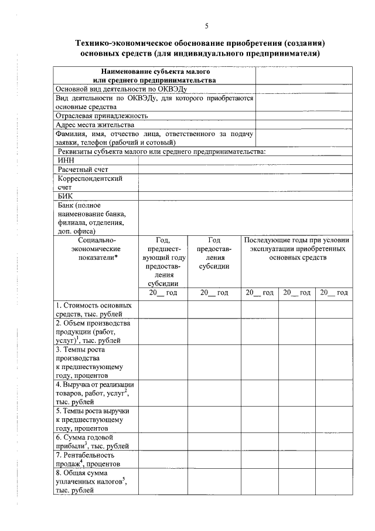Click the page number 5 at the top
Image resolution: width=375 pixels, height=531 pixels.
click(x=206, y=25)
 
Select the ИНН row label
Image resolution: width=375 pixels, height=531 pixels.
click(x=65, y=160)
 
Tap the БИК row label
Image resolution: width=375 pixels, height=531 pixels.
click(x=64, y=196)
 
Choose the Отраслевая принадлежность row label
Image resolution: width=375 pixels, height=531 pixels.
click(x=101, y=116)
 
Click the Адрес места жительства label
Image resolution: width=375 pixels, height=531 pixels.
click(x=95, y=124)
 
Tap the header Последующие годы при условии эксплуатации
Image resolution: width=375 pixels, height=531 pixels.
click(x=296, y=249)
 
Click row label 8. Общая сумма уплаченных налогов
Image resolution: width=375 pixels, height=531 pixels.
click(x=91, y=481)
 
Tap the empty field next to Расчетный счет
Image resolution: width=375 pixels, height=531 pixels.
click(x=245, y=169)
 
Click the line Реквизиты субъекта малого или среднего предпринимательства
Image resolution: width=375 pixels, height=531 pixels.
click(x=162, y=151)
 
